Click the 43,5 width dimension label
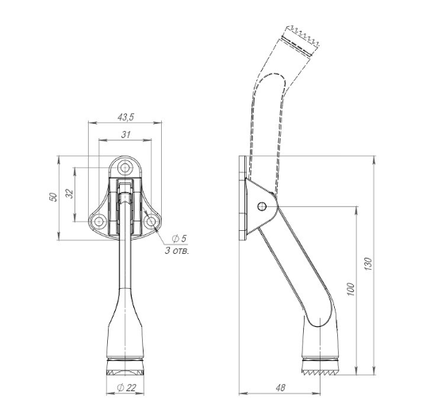click(x=125, y=117)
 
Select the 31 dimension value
click(x=125, y=135)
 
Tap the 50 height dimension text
click(x=53, y=197)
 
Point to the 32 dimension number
click(x=70, y=194)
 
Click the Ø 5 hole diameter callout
click(x=179, y=238)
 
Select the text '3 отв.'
click(x=177, y=250)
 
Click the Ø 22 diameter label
click(x=126, y=387)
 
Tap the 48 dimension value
click(x=281, y=387)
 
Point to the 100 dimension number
click(x=351, y=289)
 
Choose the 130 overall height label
click(x=369, y=264)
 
